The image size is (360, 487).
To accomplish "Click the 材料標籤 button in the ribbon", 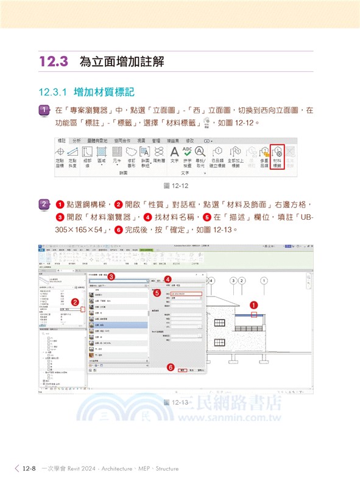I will [x=278, y=156].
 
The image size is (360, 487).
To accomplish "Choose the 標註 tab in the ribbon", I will [x=60, y=140].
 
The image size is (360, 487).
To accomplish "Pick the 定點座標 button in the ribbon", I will [x=60, y=156].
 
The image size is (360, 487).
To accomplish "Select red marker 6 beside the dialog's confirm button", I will [x=170, y=367].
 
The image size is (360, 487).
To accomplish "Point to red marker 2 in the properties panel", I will [x=75, y=301].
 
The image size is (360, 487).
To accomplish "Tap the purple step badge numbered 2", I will [x=44, y=204].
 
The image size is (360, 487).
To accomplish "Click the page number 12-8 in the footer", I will [x=30, y=469].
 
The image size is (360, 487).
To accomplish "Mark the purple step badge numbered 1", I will [x=44, y=111].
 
